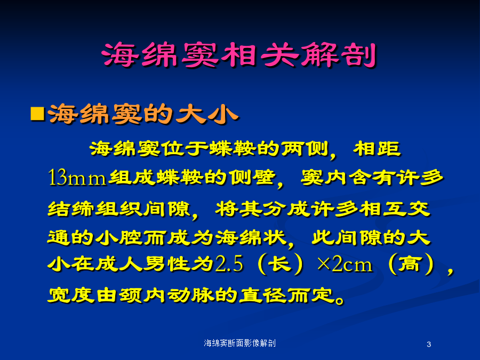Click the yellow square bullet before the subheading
click(x=38, y=114)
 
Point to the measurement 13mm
click(x=77, y=178)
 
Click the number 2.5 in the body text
click(x=229, y=263)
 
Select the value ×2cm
click(x=345, y=263)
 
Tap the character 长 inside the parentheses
click(x=280, y=263)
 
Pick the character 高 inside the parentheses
click(x=410, y=263)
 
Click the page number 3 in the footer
click(x=429, y=345)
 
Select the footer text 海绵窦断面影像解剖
click(x=239, y=343)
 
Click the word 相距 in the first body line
click(x=377, y=149)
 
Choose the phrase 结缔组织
click(x=95, y=209)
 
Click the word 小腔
click(x=119, y=237)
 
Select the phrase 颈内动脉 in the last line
click(x=167, y=295)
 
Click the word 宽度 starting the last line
click(x=71, y=295)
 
